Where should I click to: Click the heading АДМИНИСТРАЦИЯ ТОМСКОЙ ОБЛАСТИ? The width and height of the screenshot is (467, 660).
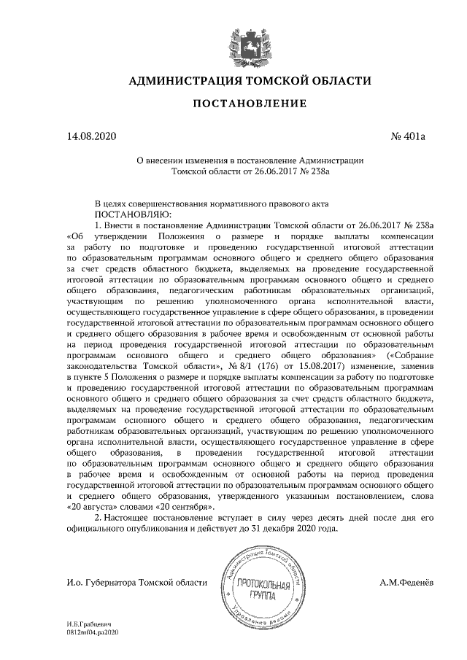[x=250, y=81]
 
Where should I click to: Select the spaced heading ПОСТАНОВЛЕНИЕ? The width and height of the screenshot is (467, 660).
[x=250, y=106]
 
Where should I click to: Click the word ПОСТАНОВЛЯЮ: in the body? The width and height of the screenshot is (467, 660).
[x=132, y=215]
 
